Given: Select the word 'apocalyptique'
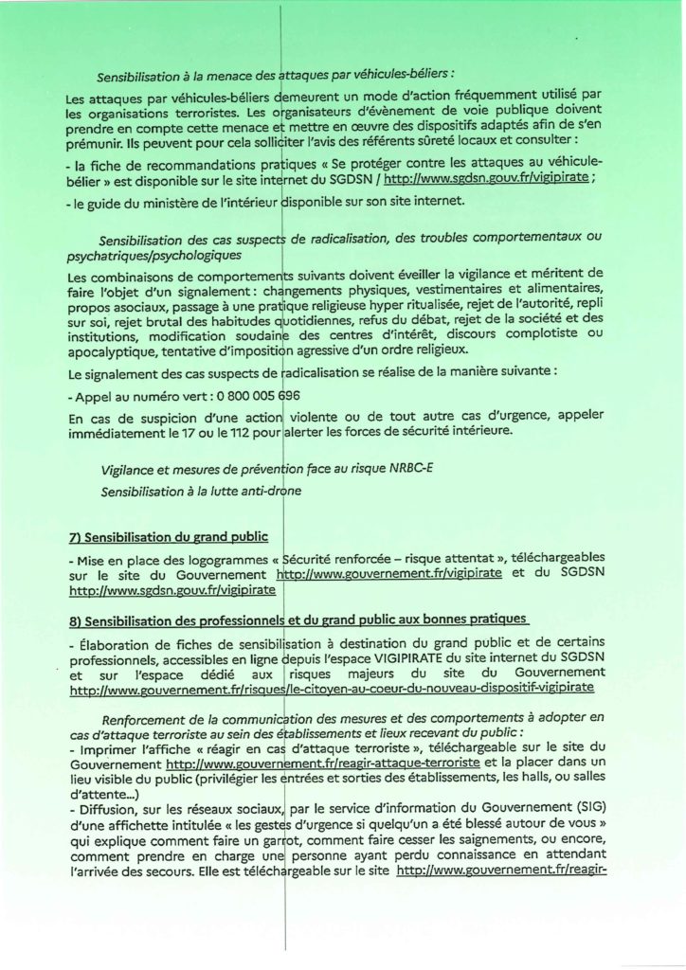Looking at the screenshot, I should tap(111, 349).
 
